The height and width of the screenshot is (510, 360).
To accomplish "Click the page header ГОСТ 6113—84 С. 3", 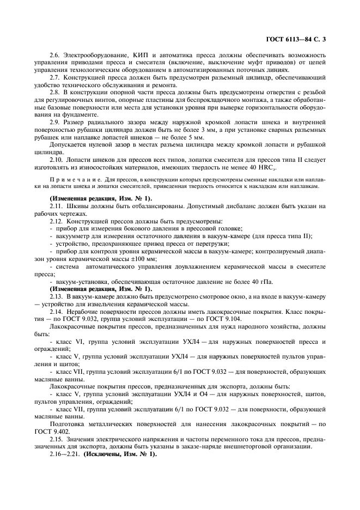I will pos(303,39).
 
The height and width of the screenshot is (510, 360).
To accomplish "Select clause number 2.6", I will pos(56,56).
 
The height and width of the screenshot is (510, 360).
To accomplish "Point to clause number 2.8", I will pos(56,94).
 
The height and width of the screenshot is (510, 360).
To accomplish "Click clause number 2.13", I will pos(56,296).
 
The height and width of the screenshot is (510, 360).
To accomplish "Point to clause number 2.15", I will pos(56,440).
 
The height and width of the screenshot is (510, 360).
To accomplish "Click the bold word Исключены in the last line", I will pos(103,455).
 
